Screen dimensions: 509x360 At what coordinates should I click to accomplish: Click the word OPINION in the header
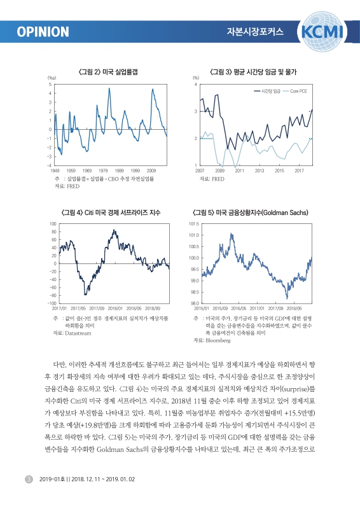pos(43,32)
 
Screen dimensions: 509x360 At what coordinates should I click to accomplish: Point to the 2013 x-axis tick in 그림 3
pos(260,171)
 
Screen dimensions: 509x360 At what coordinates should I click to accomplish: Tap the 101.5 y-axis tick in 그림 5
pos(194,225)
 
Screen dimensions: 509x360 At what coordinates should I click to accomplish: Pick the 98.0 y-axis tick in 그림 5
pos(195,303)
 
